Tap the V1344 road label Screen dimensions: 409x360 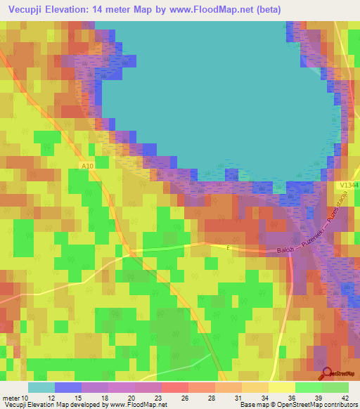pos(347,183)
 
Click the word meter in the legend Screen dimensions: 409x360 pos(10,398)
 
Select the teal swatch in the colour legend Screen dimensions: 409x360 pos(41,387)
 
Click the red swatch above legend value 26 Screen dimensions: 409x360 pos(174,387)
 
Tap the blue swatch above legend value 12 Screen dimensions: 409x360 pos(68,387)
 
